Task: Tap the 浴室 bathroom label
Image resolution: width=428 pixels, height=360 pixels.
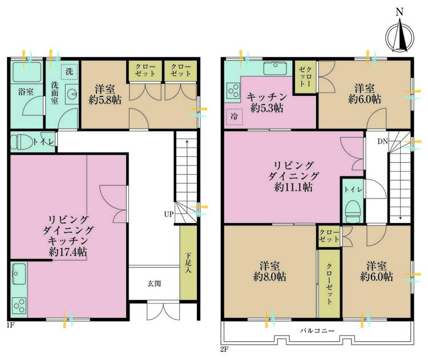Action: pos(25,90)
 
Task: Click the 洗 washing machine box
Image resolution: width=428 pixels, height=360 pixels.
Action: pos(68,71)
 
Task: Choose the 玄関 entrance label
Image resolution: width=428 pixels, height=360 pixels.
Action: pos(154,284)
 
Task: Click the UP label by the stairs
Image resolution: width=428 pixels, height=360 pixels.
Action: pos(168,215)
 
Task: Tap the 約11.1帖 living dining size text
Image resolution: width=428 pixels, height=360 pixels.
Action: pos(293,187)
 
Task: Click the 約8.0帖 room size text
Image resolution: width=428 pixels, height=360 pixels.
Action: pos(269,277)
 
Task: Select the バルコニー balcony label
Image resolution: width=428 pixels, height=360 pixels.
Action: pos(317,331)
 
